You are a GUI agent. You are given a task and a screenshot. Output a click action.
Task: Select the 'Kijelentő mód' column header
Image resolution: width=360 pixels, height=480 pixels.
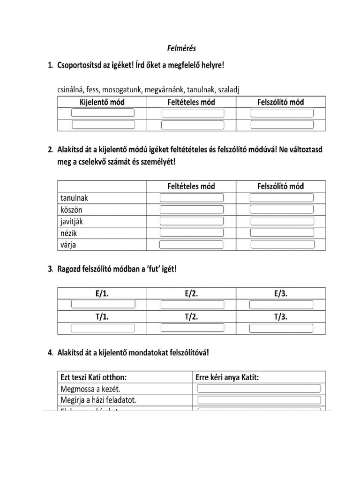tap(101, 102)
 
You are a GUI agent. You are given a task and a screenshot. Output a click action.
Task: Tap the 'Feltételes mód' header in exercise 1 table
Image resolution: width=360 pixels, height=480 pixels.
tap(191, 102)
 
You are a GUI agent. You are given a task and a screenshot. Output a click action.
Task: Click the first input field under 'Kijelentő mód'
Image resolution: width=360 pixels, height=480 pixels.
tap(103, 113)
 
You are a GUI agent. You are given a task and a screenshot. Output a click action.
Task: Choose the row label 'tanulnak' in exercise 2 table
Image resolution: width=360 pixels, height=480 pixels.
tap(74, 198)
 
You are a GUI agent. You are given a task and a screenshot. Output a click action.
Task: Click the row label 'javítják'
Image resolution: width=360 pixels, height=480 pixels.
tap(72, 221)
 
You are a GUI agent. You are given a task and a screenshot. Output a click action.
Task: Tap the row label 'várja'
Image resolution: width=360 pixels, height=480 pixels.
tap(68, 245)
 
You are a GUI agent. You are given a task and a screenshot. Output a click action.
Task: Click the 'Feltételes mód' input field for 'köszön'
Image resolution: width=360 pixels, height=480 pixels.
tap(192, 210)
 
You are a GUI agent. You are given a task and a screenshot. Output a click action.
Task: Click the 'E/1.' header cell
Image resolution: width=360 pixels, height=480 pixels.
tap(102, 294)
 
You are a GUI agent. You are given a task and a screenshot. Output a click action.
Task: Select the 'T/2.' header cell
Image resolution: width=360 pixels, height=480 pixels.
tap(191, 317)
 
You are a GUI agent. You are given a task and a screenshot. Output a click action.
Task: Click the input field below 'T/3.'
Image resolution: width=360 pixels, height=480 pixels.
tap(281, 328)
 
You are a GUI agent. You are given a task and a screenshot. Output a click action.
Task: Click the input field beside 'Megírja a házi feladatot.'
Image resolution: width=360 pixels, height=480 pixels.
tap(259, 400)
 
